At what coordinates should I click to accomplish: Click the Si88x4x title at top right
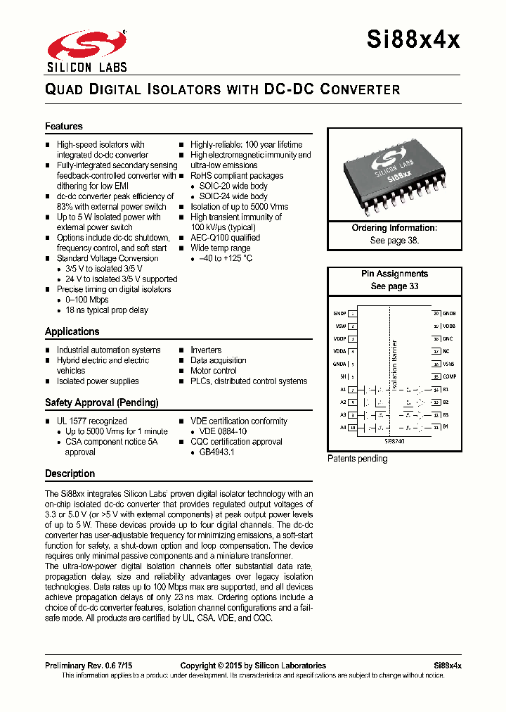click(x=413, y=40)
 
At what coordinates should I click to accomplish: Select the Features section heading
click(x=64, y=127)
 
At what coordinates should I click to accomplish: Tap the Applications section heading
click(x=72, y=331)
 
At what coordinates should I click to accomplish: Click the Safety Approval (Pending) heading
click(x=102, y=402)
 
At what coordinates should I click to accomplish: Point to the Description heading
click(x=70, y=473)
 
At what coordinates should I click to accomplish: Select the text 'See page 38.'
click(x=394, y=240)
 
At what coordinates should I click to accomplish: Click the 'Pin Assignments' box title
click(x=394, y=274)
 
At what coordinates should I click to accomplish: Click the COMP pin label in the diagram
click(x=449, y=376)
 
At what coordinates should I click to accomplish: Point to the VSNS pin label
click(x=449, y=364)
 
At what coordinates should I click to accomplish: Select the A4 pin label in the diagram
click(x=343, y=427)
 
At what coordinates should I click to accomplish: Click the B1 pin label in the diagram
click(x=446, y=389)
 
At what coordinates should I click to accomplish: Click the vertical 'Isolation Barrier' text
click(x=394, y=362)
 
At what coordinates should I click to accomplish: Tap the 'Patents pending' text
click(x=357, y=459)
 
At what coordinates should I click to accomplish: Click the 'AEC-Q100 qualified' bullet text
click(x=225, y=238)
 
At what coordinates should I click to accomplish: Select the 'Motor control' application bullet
click(x=214, y=371)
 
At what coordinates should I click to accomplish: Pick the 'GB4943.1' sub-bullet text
click(x=216, y=452)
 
